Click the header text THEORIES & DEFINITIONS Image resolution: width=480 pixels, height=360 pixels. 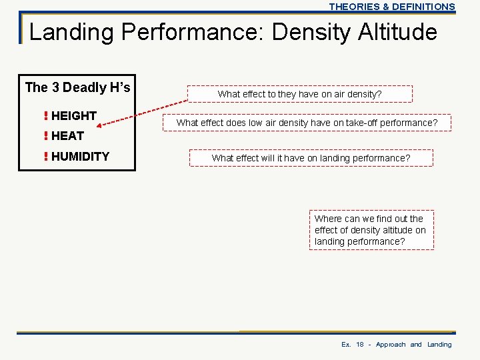391,7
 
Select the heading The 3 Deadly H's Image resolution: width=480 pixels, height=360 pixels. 77,87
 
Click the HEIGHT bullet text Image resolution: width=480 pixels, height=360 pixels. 73,115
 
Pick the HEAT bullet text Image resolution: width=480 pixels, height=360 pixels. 67,135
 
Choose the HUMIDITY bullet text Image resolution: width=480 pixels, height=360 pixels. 80,157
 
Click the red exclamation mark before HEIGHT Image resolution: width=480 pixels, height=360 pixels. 45,115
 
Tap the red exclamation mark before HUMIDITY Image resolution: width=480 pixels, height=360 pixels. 45,157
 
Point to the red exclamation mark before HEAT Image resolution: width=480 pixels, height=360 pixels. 45,135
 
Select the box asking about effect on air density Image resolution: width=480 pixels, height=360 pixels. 299,94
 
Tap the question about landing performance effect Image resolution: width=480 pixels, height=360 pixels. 311,158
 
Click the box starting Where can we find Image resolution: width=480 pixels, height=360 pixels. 371,230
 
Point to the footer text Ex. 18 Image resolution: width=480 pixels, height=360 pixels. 353,345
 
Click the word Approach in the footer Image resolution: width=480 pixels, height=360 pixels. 390,345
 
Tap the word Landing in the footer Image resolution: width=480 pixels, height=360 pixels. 439,345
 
